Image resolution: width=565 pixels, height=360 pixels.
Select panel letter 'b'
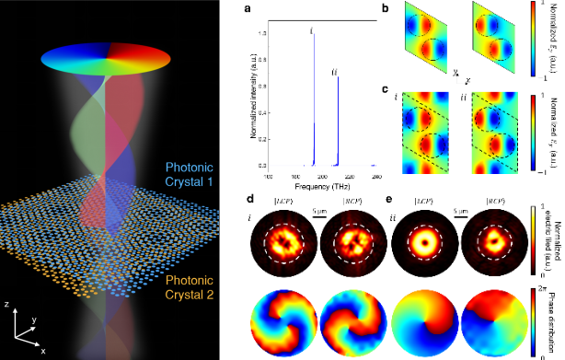(x=398, y=10)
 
